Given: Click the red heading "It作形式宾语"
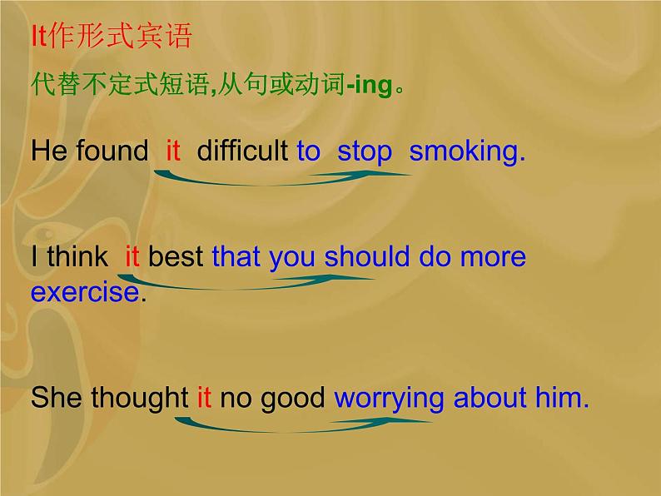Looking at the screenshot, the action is [112, 36].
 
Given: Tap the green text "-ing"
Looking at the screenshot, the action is [370, 85].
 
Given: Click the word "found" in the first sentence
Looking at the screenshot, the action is [112, 151].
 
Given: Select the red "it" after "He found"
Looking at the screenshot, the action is [173, 151].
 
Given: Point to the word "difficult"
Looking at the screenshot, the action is [242, 151].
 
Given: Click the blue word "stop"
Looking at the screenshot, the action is [365, 151].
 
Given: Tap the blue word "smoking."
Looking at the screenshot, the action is [468, 151].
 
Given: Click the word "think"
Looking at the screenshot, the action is [77, 256].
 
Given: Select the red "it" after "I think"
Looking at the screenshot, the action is [132, 256].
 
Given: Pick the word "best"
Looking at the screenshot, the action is [176, 256].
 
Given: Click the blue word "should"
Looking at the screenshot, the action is [367, 256].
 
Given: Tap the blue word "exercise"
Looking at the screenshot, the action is [85, 292].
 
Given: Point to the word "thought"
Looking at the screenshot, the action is [140, 399].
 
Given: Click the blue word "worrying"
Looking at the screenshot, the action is [389, 399].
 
